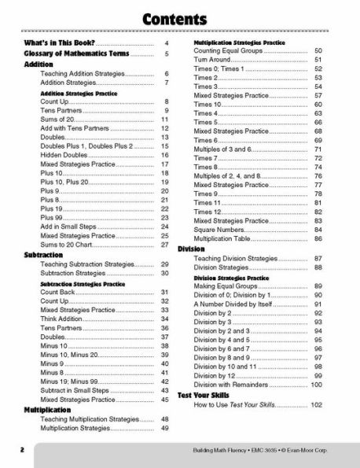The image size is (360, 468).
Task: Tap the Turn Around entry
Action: (x=215, y=59)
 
